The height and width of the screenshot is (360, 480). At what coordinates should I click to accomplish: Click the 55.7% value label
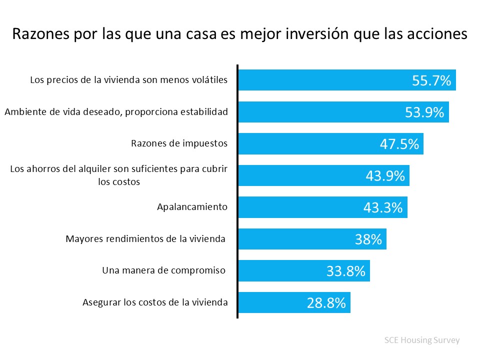coord(431,80)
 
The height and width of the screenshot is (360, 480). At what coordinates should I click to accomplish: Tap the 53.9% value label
coord(424,112)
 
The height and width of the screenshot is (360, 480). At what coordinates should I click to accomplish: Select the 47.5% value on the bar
coord(399,144)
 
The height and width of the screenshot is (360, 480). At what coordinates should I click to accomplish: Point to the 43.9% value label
coord(385,176)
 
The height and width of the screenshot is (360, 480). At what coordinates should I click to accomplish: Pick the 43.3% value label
coord(383,207)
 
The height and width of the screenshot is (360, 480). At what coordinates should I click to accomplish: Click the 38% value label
coord(368,239)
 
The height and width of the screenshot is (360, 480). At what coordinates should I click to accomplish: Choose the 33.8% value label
coord(346,271)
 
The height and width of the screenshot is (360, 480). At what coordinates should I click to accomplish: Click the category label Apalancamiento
coord(192,207)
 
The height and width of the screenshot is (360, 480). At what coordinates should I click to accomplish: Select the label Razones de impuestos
coord(179,143)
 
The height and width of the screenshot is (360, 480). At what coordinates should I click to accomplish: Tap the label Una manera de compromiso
coord(164,270)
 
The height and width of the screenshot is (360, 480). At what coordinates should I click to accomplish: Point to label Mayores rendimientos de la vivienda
coord(146,238)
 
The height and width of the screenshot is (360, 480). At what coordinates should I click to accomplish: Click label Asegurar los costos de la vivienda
coord(154,302)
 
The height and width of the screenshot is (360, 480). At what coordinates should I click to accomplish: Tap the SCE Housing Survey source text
coord(421,340)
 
